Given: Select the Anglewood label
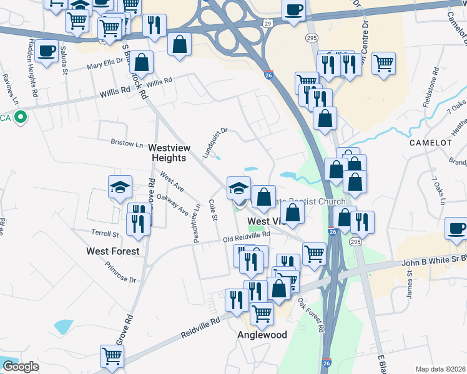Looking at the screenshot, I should (262, 335).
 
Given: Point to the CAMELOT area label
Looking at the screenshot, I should (430, 142).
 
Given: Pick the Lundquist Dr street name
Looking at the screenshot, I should (215, 143).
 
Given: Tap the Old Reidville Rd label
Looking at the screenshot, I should (246, 237).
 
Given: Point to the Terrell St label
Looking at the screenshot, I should (106, 234).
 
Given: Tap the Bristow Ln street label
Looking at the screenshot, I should (127, 143).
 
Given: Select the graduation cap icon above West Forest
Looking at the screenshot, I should (120, 186).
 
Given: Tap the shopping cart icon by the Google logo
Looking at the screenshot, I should (112, 357).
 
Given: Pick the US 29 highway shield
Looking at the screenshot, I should (267, 23).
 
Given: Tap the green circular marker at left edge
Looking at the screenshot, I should (20, 116).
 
